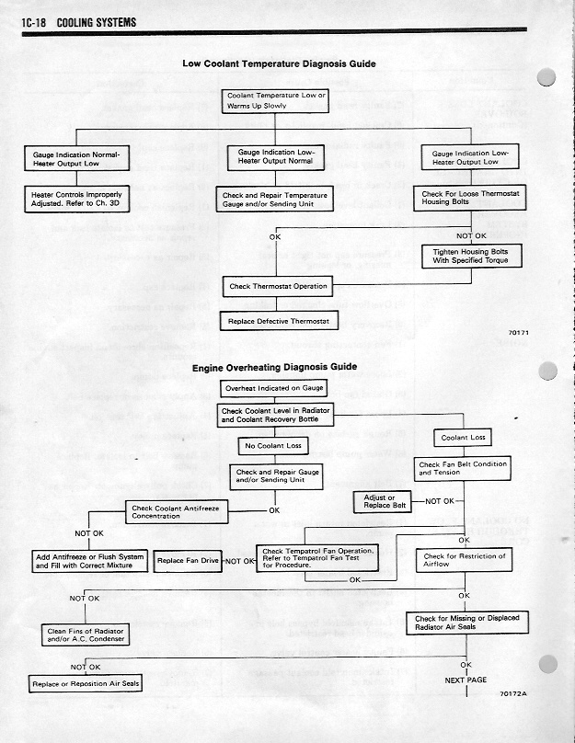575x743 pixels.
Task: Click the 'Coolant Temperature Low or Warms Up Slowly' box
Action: [276, 101]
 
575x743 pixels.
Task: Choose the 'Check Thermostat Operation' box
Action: [279, 286]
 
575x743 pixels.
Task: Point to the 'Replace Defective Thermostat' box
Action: [279, 322]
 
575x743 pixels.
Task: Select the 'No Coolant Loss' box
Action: [272, 446]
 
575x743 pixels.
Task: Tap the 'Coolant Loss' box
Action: [465, 437]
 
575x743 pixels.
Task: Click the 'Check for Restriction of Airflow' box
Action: [464, 560]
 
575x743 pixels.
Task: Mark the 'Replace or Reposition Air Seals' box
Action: [86, 684]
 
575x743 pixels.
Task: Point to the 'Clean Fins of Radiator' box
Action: [85, 634]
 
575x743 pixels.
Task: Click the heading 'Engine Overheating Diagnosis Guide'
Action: [274, 368]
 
